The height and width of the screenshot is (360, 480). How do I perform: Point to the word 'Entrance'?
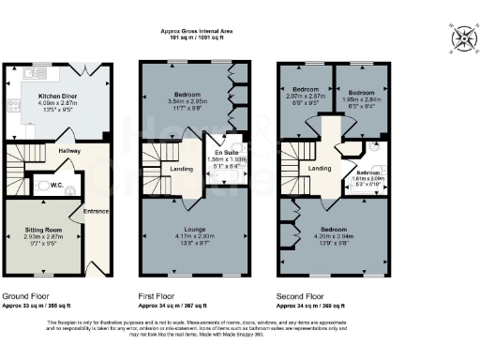[96, 210]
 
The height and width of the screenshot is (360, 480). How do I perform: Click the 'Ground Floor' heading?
[26, 295]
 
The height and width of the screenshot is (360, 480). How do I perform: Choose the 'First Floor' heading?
[159, 295]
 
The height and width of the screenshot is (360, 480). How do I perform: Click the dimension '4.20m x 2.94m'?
[335, 237]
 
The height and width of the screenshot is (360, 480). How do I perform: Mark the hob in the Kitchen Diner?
[12, 105]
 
